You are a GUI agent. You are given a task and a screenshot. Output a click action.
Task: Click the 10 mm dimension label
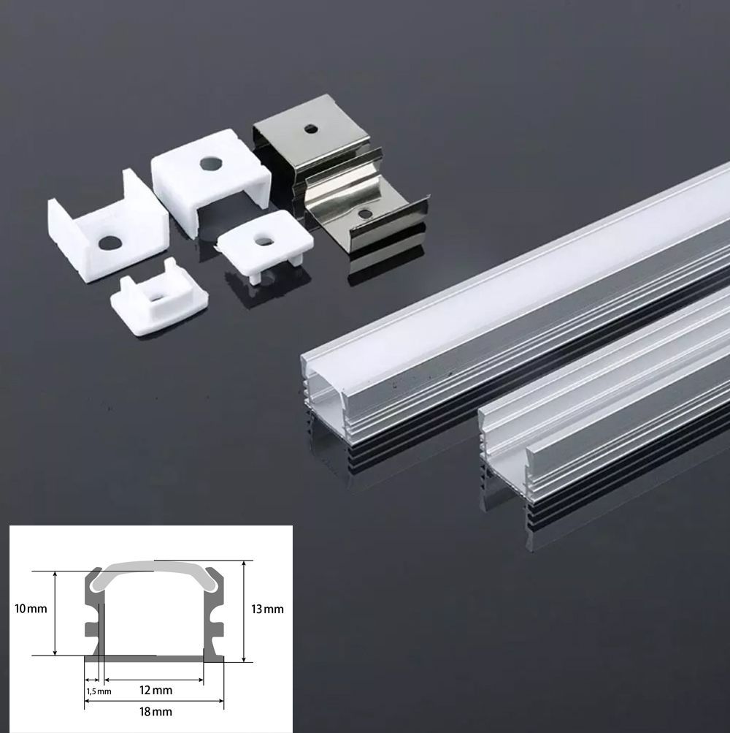pyautogui.click(x=31, y=609)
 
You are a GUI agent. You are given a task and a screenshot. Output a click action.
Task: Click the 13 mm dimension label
pyautogui.click(x=267, y=609)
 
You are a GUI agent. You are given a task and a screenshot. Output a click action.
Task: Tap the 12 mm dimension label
pyautogui.click(x=156, y=690)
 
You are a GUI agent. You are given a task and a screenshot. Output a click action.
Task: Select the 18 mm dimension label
pyautogui.click(x=156, y=712)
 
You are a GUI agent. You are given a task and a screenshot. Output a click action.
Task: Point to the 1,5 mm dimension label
pyautogui.click(x=99, y=691)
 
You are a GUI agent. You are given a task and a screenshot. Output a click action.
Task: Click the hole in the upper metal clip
pyautogui.click(x=309, y=129)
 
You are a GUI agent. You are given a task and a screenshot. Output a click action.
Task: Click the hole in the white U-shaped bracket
pyautogui.click(x=109, y=243)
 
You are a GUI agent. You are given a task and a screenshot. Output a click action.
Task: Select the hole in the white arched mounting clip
pyautogui.click(x=212, y=164)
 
